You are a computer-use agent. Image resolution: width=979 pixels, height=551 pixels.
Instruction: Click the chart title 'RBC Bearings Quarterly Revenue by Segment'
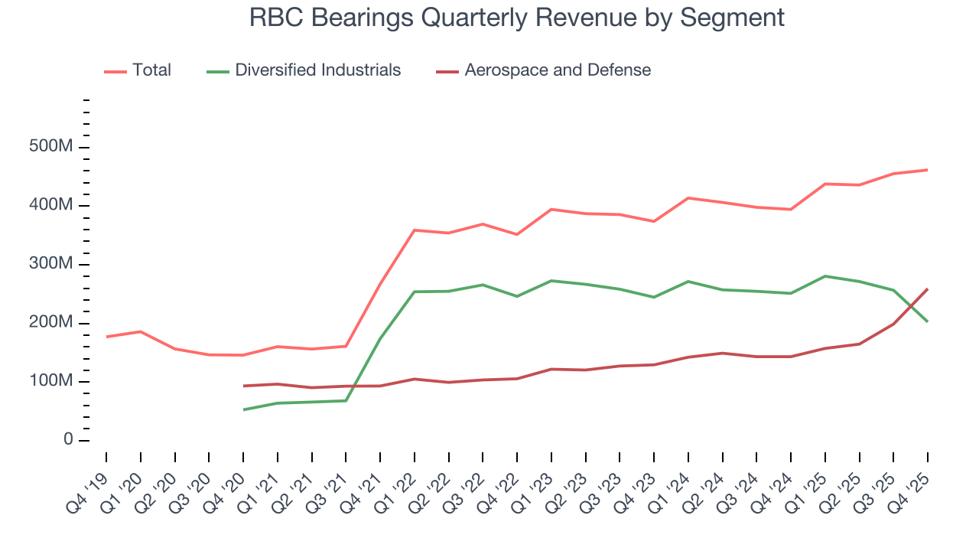click(x=517, y=18)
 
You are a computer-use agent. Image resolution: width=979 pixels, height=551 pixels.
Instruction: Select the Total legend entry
click(x=151, y=70)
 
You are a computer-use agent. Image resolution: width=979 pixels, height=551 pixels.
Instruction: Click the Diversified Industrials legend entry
click(x=317, y=70)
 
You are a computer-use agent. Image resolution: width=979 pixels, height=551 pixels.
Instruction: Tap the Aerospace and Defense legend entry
click(x=558, y=70)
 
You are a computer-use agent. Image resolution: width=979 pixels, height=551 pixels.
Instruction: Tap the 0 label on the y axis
click(x=68, y=440)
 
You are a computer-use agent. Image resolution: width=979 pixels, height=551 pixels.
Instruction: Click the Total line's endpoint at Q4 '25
click(x=928, y=170)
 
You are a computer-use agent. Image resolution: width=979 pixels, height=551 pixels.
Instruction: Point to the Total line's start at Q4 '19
click(x=106, y=337)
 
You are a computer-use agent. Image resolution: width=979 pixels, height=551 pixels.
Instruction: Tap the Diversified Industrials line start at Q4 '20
click(x=243, y=409)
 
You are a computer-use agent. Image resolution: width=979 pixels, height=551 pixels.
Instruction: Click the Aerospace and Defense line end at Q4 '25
click(x=928, y=289)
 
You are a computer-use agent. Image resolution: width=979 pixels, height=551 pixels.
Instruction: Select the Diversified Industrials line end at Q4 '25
click(x=928, y=321)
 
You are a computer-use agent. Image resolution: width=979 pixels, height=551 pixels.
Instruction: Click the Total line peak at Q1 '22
click(x=415, y=230)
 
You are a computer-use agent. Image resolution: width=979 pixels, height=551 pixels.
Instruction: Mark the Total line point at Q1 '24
click(x=688, y=198)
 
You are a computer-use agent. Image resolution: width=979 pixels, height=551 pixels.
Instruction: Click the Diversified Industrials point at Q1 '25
click(x=825, y=276)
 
